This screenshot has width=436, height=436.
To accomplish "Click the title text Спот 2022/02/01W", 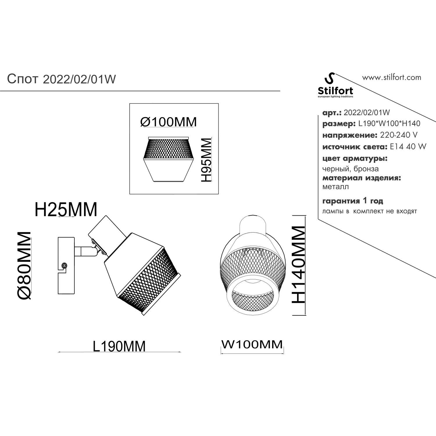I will (x=61, y=79).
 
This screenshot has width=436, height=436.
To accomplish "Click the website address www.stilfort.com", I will (x=392, y=77).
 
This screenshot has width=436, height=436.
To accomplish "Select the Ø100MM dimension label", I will (x=169, y=122).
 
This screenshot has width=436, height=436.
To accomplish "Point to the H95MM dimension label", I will (x=206, y=160).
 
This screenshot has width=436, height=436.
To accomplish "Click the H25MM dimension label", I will (x=66, y=210).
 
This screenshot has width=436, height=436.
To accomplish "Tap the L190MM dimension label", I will (x=119, y=346).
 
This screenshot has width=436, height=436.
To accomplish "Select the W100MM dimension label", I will (x=252, y=344).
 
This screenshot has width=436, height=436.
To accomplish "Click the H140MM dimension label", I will (x=298, y=265).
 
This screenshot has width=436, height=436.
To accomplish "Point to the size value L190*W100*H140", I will (x=389, y=124).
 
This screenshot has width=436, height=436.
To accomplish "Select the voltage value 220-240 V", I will (x=399, y=135).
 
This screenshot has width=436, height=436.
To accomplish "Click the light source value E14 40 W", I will (x=408, y=147).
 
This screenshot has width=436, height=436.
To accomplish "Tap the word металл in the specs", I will (x=335, y=187).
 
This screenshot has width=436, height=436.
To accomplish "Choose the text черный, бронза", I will (x=351, y=169).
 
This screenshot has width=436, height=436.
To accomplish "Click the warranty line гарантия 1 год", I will (x=353, y=201).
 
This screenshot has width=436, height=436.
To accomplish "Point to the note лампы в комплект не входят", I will (x=370, y=211).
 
